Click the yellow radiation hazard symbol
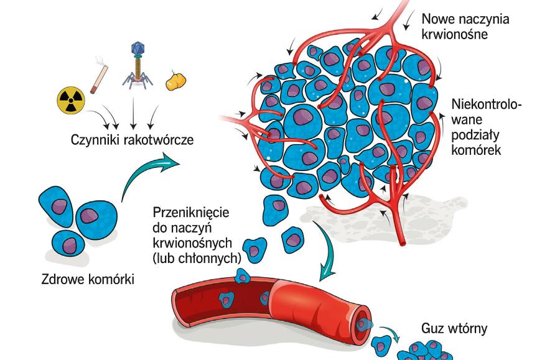coord(70,100)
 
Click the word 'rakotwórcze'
coord(156,139)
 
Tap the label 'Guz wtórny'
coord(454,328)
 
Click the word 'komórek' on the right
coord(477,150)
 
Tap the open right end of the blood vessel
coord(364,324)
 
